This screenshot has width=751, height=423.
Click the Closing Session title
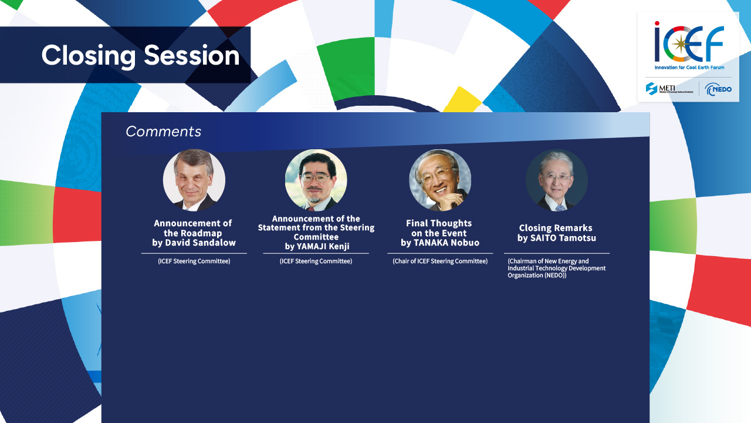coord(140,56)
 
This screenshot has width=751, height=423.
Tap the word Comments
coord(163,132)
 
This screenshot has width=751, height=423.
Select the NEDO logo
coord(718,89)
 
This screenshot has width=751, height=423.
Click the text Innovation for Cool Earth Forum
coord(689,68)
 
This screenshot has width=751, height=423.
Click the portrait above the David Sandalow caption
coord(194,180)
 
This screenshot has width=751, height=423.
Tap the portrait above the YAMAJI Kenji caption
coord(316,180)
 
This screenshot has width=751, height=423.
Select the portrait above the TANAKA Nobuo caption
coord(440,180)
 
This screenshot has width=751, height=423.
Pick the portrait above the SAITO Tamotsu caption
coord(557,180)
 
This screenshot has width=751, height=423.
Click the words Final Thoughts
coord(439,223)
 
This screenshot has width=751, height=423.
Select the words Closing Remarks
coord(556,228)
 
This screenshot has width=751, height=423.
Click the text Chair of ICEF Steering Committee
coord(440,261)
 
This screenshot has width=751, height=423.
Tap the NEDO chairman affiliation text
coord(557,268)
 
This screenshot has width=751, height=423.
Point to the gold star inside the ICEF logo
coord(681,44)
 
